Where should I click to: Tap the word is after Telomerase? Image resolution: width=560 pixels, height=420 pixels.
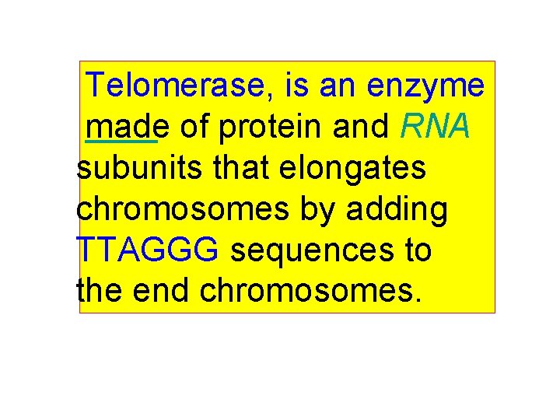[x=298, y=86]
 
